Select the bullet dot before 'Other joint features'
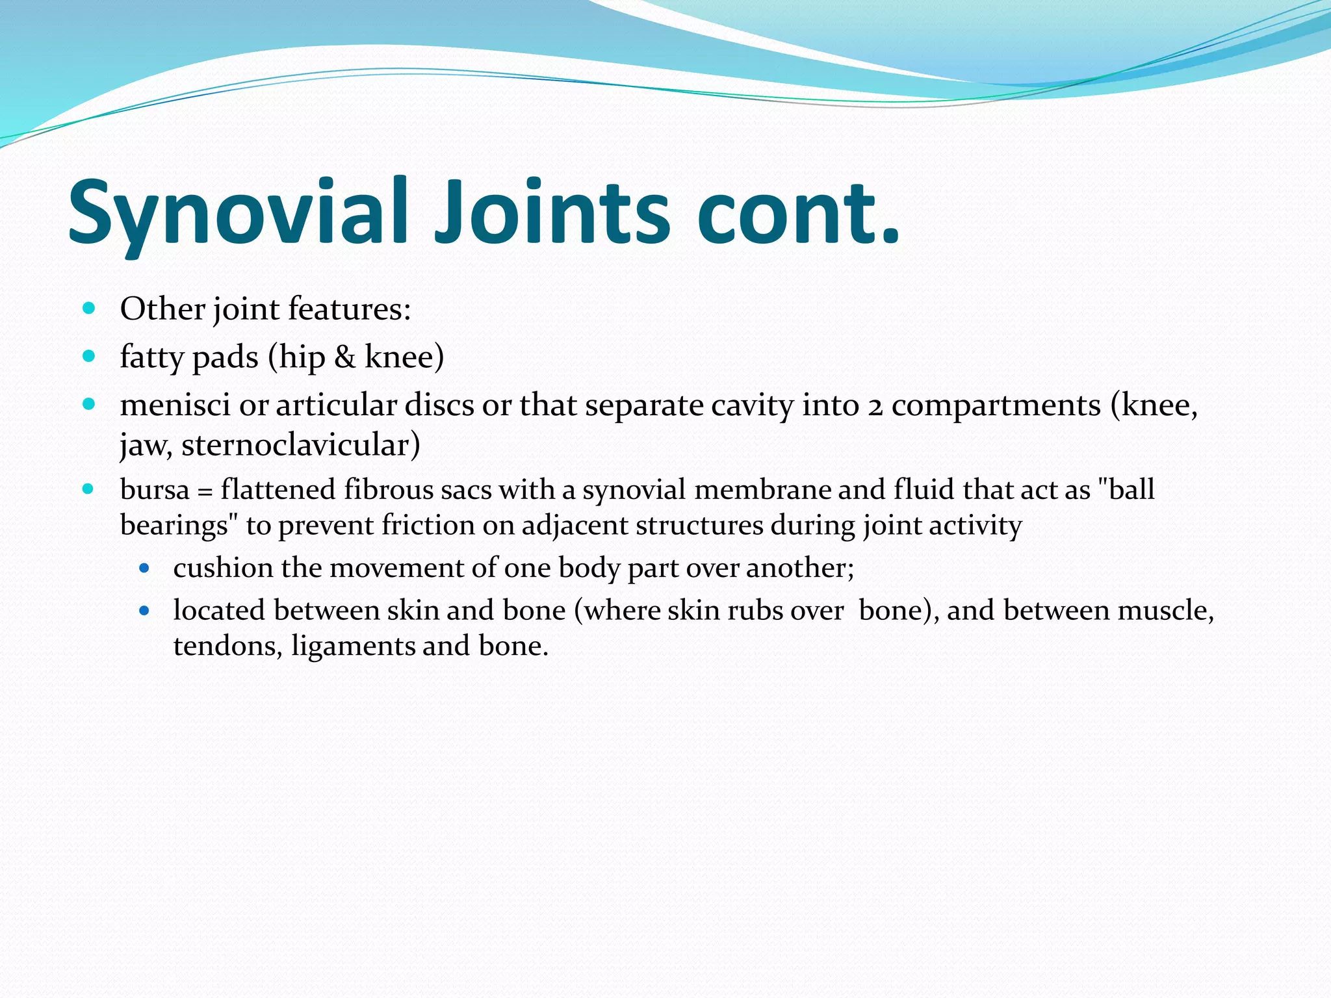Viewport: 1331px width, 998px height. click(x=90, y=308)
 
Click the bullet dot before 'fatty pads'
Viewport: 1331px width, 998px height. click(x=90, y=356)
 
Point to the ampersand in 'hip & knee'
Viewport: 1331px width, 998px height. click(x=344, y=357)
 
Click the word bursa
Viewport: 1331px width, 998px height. click(x=155, y=489)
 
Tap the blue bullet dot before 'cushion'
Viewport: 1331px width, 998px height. click(x=144, y=568)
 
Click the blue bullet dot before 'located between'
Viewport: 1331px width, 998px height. click(x=144, y=611)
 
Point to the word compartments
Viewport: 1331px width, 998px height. click(x=996, y=406)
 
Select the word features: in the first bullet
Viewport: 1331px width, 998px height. click(x=349, y=308)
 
